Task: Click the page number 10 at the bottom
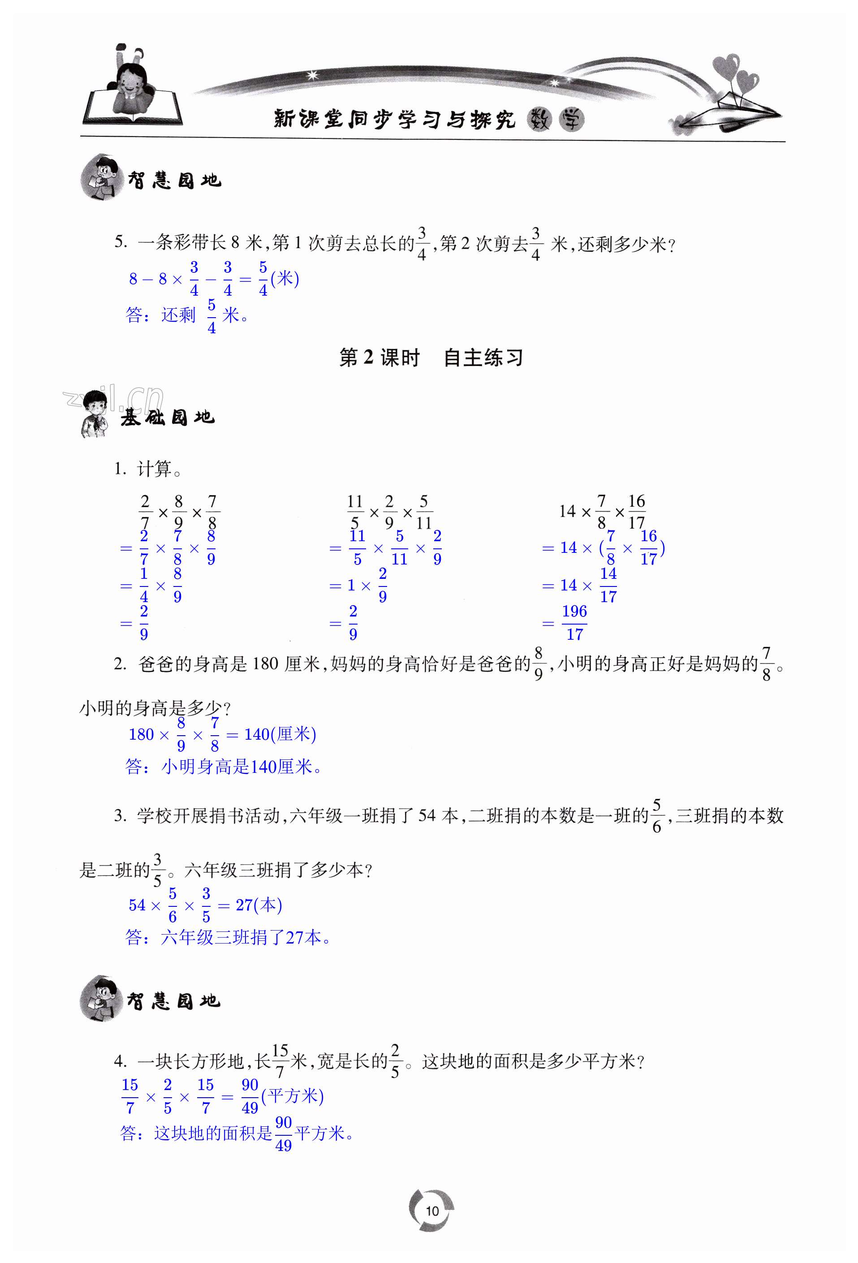(x=432, y=1211)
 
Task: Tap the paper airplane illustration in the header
(x=728, y=113)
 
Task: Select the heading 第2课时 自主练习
(x=431, y=358)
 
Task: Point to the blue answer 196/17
(x=574, y=622)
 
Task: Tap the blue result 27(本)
(x=259, y=905)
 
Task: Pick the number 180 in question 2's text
(x=265, y=664)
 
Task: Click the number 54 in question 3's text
(x=427, y=815)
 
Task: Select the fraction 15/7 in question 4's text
(x=280, y=1060)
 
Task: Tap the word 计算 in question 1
(x=154, y=469)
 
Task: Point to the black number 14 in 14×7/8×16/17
(x=567, y=511)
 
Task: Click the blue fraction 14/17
(x=608, y=585)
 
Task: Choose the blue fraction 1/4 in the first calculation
(x=143, y=585)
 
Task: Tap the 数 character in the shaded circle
(x=539, y=120)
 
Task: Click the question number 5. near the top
(x=121, y=242)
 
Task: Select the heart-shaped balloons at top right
(x=735, y=73)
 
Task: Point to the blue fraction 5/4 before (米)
(x=263, y=278)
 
